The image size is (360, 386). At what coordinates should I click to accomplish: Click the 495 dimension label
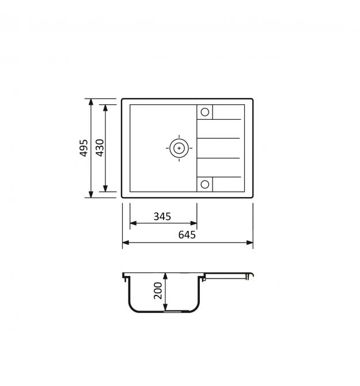point(84,148)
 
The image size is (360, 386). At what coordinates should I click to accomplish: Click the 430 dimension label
point(100,147)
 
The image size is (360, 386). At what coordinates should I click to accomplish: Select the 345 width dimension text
point(162,217)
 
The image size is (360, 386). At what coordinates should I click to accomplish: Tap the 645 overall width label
point(187,235)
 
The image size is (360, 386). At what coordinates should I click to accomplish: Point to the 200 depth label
point(158,290)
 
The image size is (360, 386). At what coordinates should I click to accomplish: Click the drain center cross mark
point(179,148)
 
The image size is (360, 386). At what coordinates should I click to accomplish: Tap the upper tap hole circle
point(204,112)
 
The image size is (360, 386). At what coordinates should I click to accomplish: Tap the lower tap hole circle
point(204,184)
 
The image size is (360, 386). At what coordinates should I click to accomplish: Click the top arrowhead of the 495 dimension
point(91,101)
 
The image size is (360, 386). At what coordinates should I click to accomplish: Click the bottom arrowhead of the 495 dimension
point(91,195)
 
